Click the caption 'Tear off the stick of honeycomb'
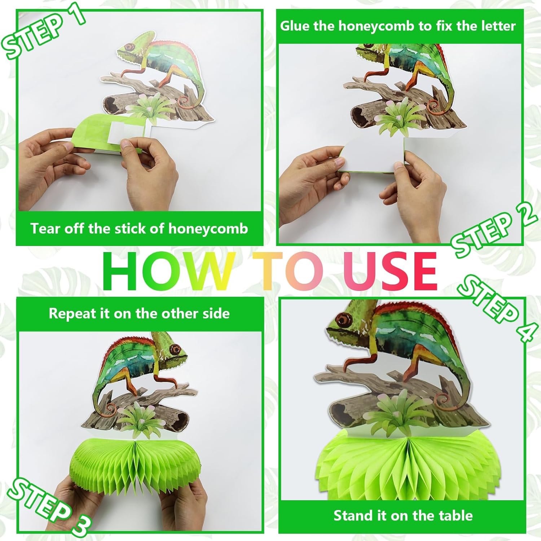139,229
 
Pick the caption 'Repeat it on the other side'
139,313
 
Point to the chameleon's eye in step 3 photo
176,349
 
